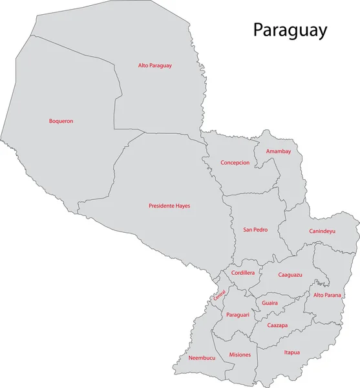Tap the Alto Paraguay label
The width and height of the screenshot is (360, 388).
tap(154, 65)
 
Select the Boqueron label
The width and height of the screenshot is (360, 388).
tap(61, 121)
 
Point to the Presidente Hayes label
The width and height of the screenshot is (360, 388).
tap(169, 206)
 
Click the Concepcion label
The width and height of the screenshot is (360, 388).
tap(235, 163)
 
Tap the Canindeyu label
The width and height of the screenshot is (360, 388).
tap(322, 231)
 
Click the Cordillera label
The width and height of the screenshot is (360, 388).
tap(242, 274)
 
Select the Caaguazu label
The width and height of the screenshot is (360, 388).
tap(290, 275)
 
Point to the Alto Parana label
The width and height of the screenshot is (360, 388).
tap(327, 296)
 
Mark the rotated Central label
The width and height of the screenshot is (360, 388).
tap(220, 295)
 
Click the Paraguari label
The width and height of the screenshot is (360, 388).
tap(238, 314)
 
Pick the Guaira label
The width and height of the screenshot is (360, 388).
tap(270, 303)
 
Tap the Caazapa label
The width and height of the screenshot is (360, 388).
tap(277, 325)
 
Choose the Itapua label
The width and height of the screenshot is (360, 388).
tap(291, 352)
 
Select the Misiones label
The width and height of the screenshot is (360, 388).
tap(240, 355)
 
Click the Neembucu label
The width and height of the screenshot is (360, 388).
tap(202, 358)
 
